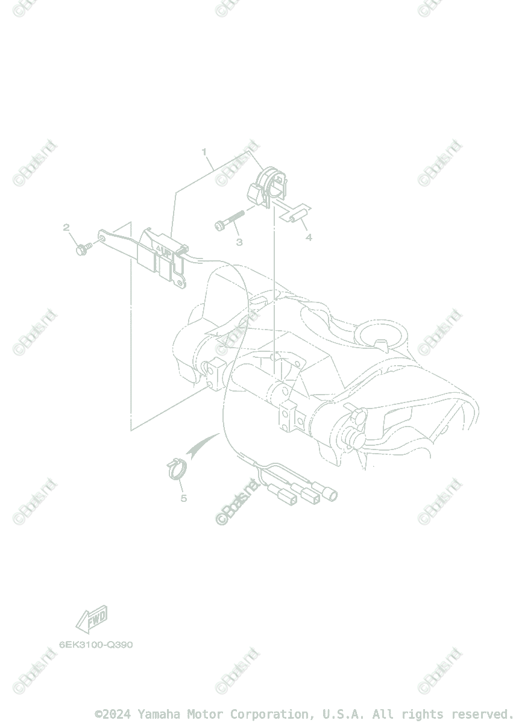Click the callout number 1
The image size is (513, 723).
[204, 151]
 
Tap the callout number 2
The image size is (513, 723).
[66, 227]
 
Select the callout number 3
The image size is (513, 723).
[239, 242]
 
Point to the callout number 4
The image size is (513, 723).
[309, 237]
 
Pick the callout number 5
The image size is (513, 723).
[183, 498]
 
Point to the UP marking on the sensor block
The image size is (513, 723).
[164, 248]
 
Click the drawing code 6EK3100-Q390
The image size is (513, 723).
[96, 645]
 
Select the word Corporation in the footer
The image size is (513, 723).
[265, 714]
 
